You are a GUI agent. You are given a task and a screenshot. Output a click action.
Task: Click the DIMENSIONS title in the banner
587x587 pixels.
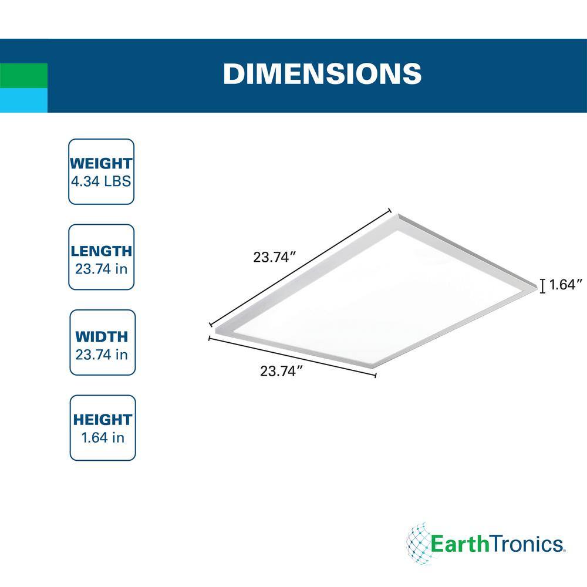(322, 73)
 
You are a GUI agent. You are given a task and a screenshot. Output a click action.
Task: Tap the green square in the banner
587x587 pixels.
(23, 76)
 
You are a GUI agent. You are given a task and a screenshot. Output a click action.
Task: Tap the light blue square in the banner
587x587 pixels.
(23, 100)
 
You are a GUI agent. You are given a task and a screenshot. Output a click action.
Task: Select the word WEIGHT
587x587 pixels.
(101, 164)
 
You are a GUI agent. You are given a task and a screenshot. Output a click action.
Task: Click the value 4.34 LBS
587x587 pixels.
(101, 181)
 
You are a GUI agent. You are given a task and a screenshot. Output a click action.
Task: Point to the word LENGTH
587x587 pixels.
(101, 251)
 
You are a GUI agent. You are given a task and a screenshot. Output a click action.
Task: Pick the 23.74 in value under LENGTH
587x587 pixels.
(101, 269)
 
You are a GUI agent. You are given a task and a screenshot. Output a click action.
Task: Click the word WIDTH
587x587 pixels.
(102, 337)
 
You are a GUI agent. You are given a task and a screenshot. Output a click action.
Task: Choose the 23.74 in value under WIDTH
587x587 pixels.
(102, 355)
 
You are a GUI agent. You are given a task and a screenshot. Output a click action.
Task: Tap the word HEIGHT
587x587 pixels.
(103, 420)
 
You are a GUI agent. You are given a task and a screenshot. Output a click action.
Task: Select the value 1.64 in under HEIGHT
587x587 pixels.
(103, 438)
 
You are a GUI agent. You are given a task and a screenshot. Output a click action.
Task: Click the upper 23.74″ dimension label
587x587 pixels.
(275, 257)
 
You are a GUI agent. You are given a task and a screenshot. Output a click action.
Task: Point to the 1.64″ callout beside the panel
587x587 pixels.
(566, 285)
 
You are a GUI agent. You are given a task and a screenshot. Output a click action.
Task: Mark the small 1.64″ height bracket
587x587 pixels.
(543, 286)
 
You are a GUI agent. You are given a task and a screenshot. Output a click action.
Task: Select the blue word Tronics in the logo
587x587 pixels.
(527, 544)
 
